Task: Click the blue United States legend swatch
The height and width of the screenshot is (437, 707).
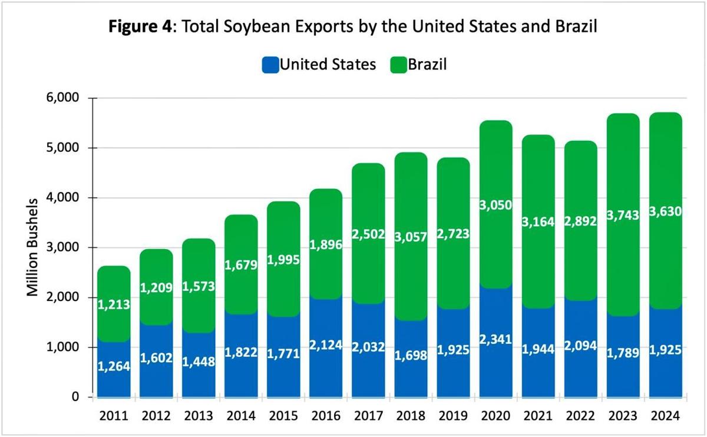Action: [270, 65]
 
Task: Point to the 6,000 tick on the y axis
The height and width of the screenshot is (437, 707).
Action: [62, 98]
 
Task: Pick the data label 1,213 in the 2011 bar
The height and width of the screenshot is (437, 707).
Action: [114, 304]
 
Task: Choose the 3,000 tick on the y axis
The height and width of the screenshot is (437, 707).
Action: [62, 247]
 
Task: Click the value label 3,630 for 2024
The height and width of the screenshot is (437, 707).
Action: [666, 211]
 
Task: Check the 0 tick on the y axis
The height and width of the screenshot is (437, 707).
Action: [74, 397]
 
